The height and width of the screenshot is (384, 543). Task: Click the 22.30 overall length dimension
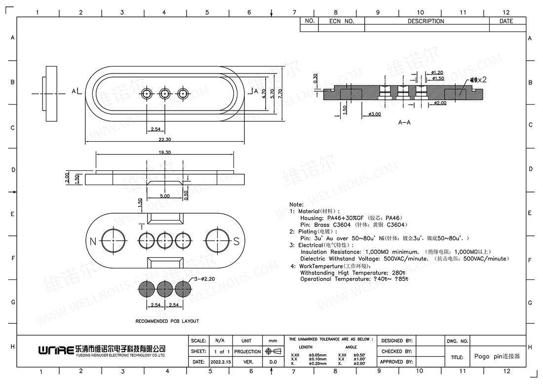[165, 140]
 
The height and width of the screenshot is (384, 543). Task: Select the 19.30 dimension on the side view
[165, 153]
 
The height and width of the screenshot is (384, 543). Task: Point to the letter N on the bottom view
[93, 241]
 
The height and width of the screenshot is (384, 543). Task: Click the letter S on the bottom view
[236, 241]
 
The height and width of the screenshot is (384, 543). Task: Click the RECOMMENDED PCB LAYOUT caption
[167, 321]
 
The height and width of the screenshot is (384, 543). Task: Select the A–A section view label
[404, 122]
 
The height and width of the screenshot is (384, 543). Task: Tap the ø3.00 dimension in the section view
[375, 114]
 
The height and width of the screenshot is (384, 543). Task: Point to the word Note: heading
[297, 204]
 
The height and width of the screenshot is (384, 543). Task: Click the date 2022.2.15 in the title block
[220, 362]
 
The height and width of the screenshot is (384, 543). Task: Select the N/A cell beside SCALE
[220, 341]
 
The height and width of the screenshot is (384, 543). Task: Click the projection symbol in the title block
[272, 351]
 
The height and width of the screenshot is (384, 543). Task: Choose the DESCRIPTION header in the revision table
[426, 21]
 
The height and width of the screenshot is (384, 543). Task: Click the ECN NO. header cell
[342, 21]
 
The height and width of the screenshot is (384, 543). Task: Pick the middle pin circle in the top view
[165, 93]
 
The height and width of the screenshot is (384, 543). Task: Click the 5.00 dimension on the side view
[165, 196]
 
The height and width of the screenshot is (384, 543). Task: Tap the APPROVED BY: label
[396, 362]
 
